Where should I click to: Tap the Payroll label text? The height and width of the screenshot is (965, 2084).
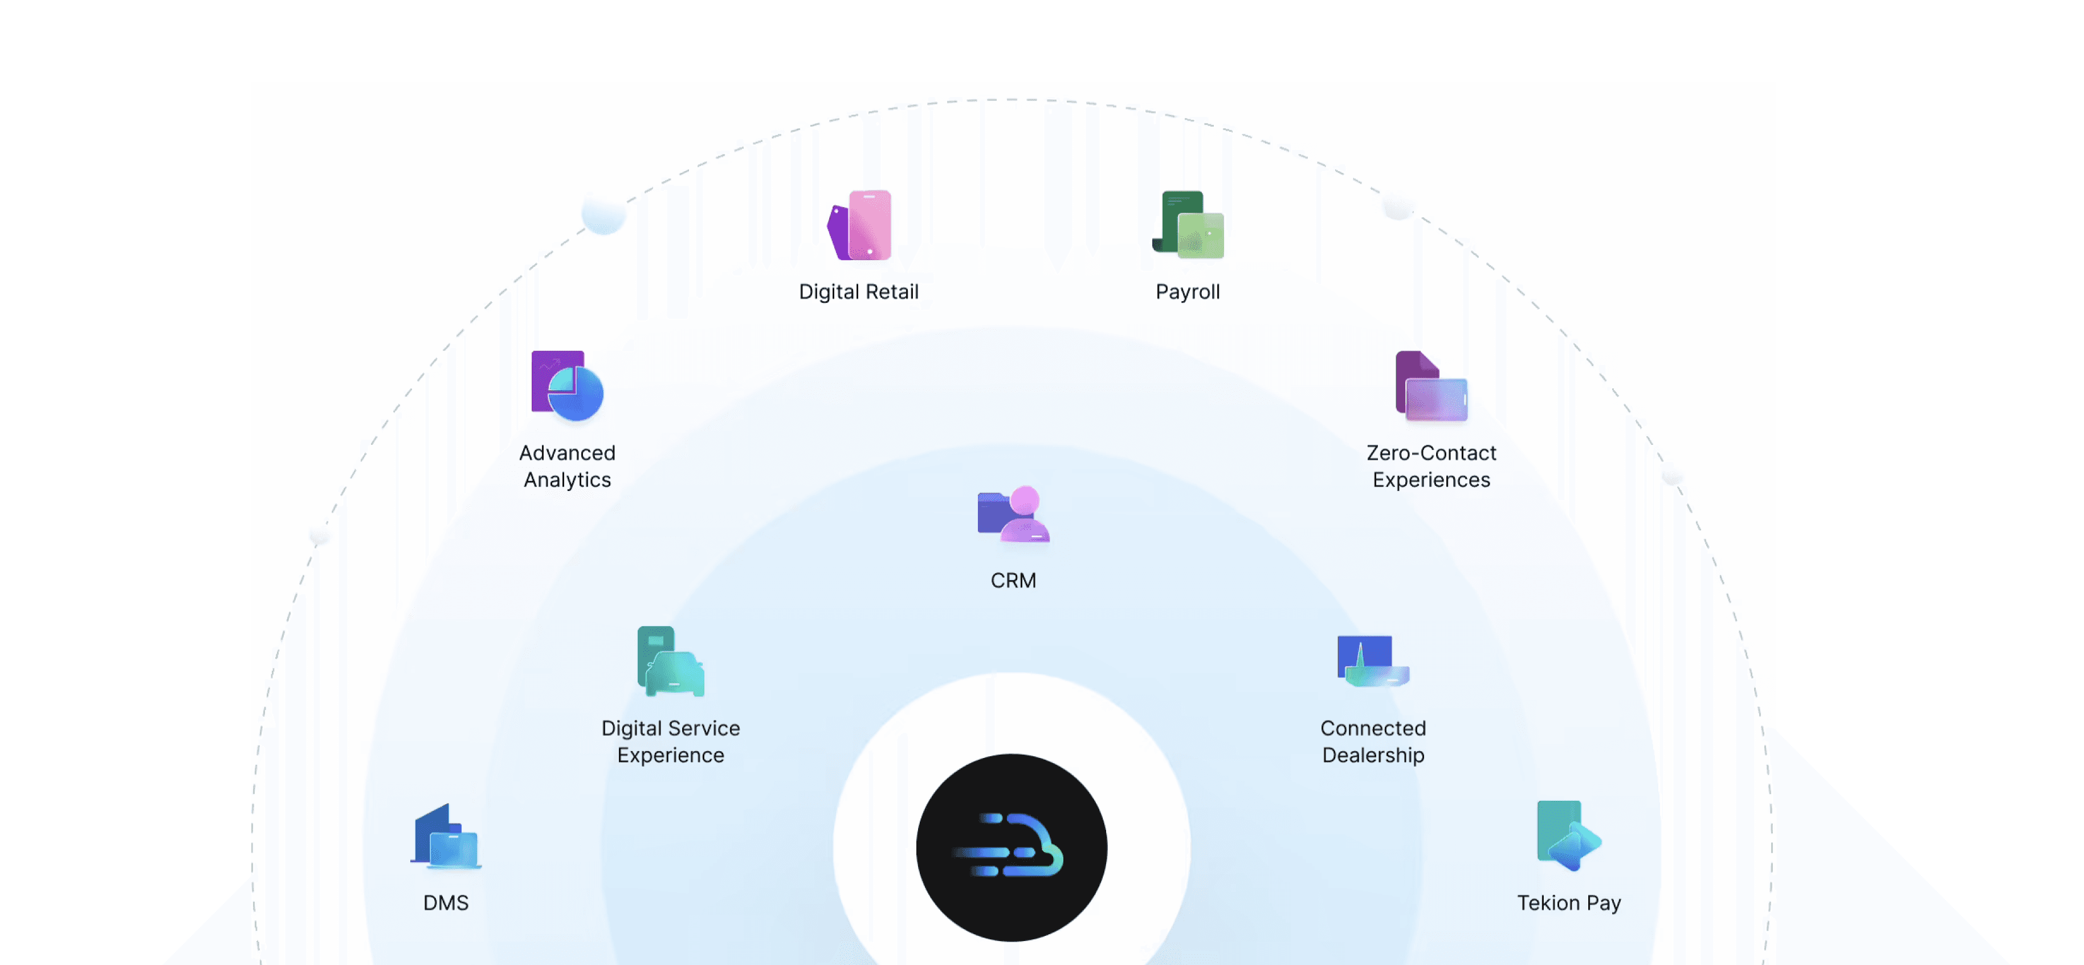1187,291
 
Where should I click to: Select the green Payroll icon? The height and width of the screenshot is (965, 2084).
1188,225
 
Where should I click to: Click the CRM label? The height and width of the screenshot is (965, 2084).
1013,581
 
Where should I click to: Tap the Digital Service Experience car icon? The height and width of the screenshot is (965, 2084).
671,662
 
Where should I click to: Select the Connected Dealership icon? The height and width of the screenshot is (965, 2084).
1373,662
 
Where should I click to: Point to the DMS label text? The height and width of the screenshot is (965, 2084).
446,903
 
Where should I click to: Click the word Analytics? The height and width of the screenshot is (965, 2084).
567,480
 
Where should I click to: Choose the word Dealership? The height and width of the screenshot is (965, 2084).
1373,755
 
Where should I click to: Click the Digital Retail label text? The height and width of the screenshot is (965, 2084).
858,291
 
